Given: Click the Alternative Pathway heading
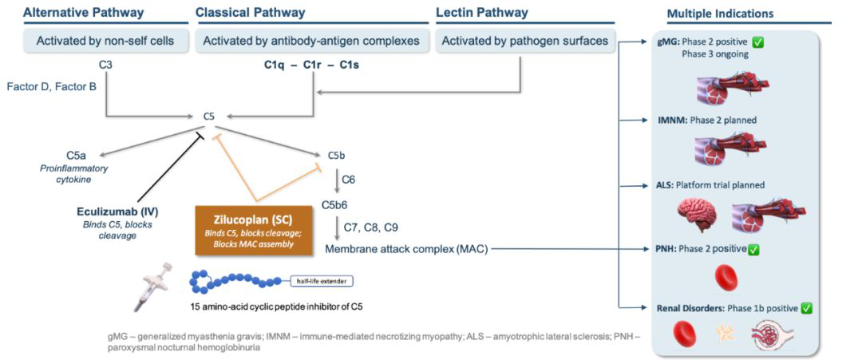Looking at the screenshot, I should point(83,13).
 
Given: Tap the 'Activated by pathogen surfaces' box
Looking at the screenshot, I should point(524,41).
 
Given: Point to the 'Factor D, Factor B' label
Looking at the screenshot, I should point(51,85).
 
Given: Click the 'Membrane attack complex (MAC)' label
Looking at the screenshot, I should point(406,249).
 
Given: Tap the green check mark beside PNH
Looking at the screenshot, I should point(753,249).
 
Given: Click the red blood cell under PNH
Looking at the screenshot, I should point(726,278).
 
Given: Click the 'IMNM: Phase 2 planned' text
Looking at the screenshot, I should point(706,121).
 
